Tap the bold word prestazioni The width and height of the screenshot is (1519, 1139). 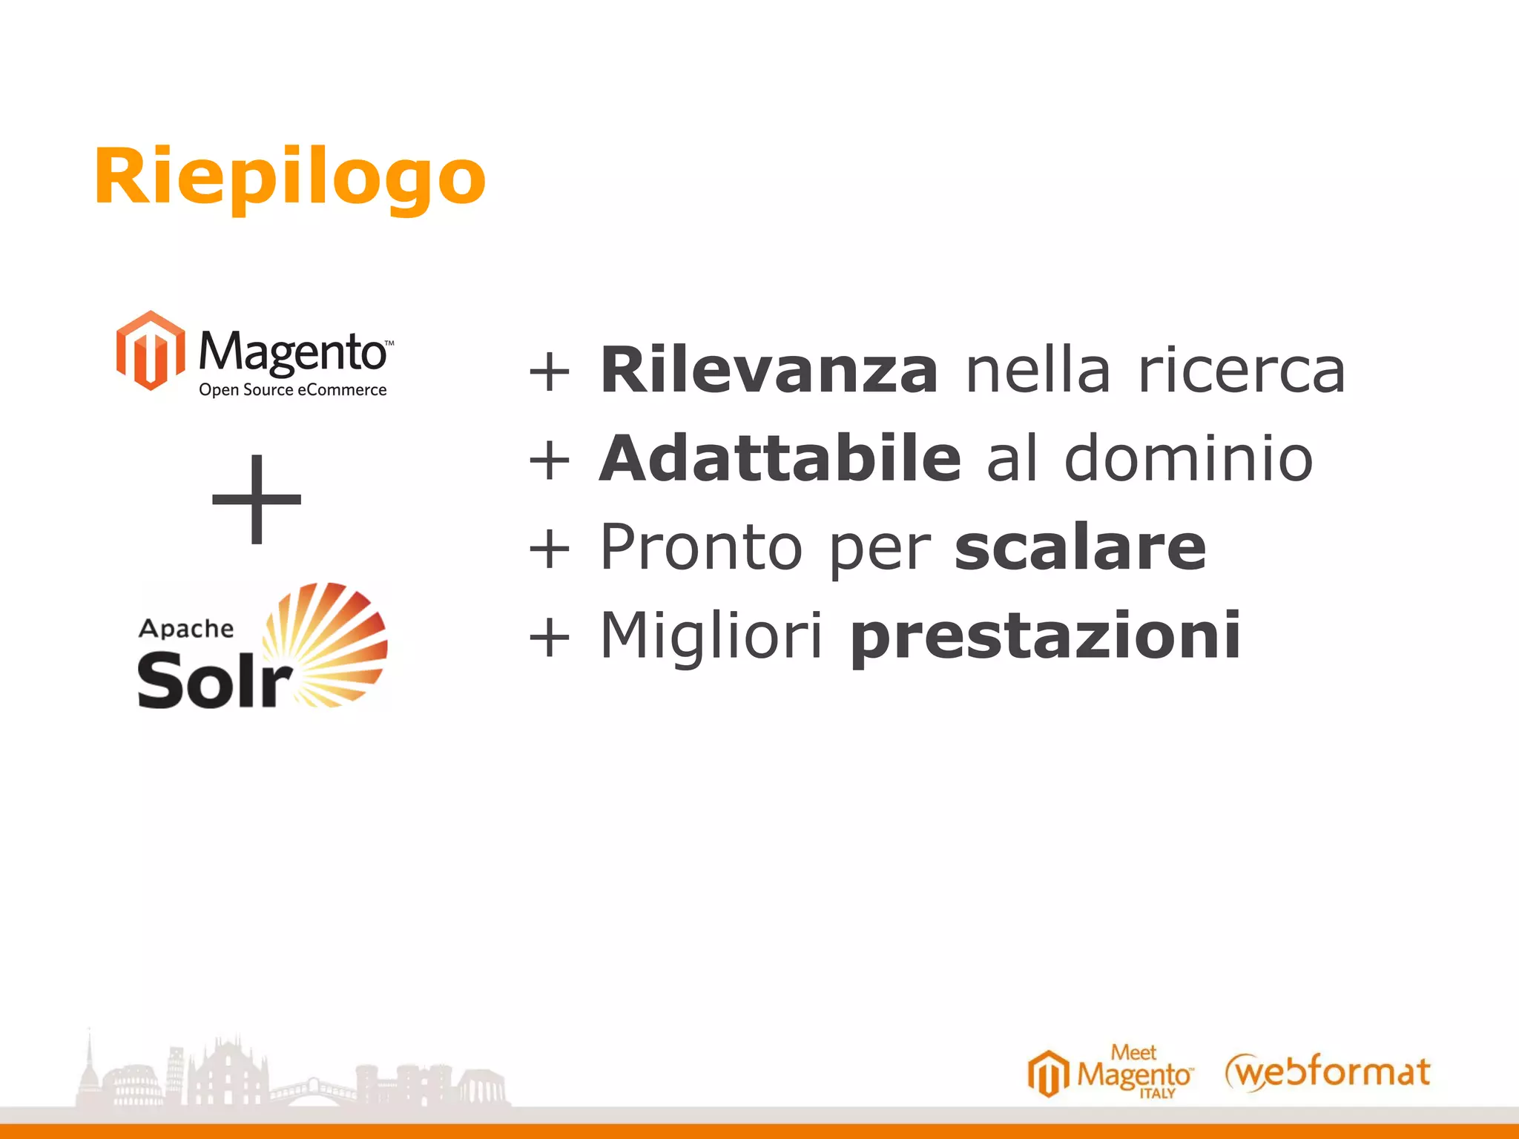tap(1045, 636)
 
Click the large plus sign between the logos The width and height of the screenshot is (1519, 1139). tap(257, 498)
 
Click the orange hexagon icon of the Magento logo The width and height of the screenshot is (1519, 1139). tap(150, 350)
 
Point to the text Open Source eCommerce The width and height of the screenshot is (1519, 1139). tap(292, 390)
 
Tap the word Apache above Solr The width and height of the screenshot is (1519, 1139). tap(186, 629)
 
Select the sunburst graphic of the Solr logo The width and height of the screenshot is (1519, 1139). tap(330, 641)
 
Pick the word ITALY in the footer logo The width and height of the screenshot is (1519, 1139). tap(1157, 1094)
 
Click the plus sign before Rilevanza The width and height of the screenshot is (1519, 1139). tap(550, 371)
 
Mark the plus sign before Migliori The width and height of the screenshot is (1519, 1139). tap(550, 637)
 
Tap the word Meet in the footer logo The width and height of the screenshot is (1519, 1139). tap(1133, 1052)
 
